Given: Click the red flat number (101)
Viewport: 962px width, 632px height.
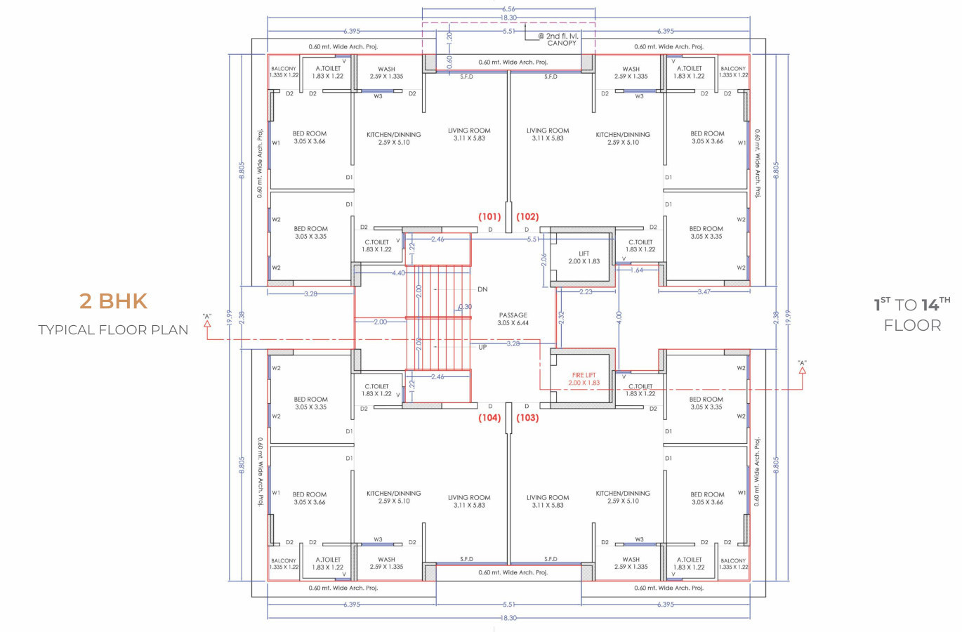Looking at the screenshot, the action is [x=489, y=217].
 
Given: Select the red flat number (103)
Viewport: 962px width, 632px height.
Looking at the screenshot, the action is [x=527, y=418].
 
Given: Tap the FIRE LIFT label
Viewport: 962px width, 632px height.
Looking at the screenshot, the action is [x=584, y=375].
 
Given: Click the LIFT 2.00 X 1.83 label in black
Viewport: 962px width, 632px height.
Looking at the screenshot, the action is [x=584, y=257].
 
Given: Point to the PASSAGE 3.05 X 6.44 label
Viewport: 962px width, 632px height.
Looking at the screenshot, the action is [x=513, y=319].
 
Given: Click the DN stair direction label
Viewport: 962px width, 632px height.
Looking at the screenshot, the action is [x=482, y=289].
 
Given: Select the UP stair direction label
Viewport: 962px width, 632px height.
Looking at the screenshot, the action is [x=482, y=347].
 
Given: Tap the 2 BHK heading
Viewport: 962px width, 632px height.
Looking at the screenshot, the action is [x=113, y=301].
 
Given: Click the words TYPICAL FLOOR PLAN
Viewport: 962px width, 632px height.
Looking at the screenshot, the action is [x=113, y=330].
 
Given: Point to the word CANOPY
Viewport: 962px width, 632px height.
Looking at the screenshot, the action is [x=562, y=43].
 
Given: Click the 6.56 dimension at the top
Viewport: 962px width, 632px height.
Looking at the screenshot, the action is [x=508, y=9].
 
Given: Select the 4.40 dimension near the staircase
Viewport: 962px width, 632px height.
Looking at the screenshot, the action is [x=398, y=273].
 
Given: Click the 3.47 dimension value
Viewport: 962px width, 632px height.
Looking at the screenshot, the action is [x=704, y=292].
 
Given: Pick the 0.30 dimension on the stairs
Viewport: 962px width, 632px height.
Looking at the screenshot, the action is [x=466, y=307].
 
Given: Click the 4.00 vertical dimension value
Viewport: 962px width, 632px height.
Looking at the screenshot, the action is [x=619, y=317].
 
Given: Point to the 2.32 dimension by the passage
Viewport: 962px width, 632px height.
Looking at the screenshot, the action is [x=561, y=317].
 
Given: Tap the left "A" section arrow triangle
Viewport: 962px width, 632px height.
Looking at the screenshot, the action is [x=207, y=324].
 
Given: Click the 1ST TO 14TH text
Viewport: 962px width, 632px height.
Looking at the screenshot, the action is [x=912, y=304].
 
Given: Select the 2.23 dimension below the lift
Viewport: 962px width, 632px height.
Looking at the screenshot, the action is [x=586, y=292].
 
